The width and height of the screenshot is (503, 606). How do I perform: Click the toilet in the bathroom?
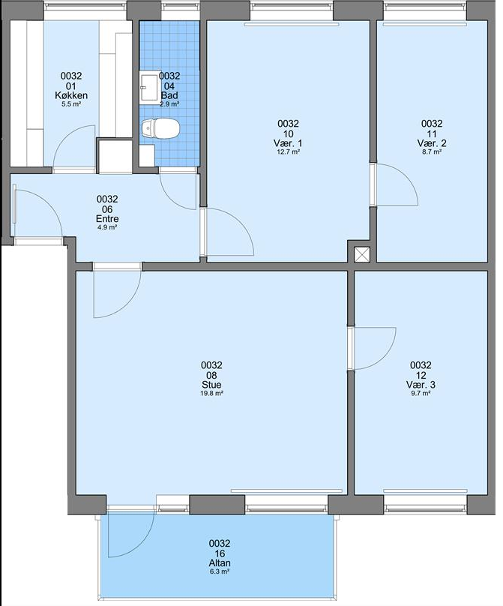(x=160, y=128)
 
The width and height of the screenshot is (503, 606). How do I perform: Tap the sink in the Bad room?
(x=149, y=87)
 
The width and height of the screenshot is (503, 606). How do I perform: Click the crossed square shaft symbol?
(x=362, y=255)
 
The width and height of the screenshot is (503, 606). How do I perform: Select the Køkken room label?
(x=71, y=95)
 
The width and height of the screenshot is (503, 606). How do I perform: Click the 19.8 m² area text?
(x=211, y=394)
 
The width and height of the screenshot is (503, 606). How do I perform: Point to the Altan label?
(x=220, y=563)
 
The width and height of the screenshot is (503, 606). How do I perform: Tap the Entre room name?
(x=107, y=219)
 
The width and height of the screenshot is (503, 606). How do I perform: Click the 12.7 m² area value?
(x=288, y=152)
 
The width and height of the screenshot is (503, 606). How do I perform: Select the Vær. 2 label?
(x=432, y=143)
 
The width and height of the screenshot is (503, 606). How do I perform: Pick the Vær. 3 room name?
(x=421, y=385)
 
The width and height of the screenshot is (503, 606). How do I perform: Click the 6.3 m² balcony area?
(x=220, y=571)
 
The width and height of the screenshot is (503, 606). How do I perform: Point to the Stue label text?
(x=211, y=385)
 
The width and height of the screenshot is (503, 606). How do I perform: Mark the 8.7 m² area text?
(x=432, y=152)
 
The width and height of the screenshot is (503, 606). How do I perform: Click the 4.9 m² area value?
(x=107, y=227)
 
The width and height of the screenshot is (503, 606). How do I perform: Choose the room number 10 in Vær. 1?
(x=288, y=133)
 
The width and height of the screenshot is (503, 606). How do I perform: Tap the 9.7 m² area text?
(x=421, y=394)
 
